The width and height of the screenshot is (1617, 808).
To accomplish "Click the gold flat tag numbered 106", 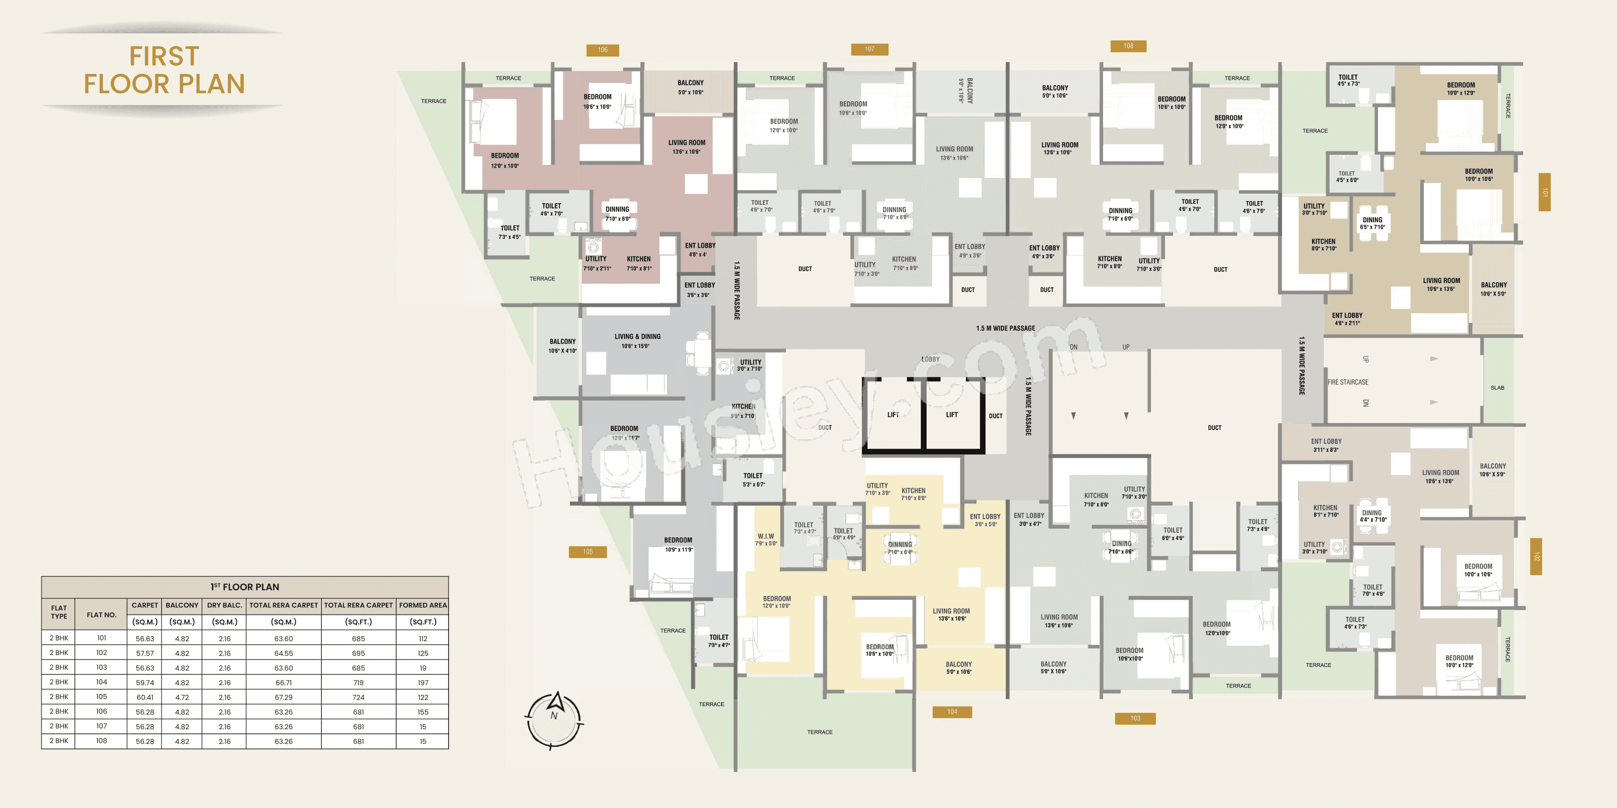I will pos(603,50).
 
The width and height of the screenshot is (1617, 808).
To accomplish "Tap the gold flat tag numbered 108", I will pos(1128,46).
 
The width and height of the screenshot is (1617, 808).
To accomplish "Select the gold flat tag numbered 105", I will pos(587,551).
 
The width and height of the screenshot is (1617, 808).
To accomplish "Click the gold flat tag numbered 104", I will pos(952,711).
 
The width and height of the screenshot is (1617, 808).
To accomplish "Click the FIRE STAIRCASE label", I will pos(1347,382).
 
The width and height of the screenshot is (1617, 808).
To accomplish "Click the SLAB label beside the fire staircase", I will pos(1497,388).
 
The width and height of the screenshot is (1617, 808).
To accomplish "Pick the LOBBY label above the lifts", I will pos(930,359).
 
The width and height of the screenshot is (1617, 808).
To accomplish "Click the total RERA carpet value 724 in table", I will pos(358,697).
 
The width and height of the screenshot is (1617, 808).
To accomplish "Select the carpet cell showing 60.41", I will pos(145,697).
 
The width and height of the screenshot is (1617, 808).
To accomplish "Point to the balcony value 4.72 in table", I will pos(182,697).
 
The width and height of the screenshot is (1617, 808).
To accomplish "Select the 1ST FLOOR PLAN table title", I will pos(245,587).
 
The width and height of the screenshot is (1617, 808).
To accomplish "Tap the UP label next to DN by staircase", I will pos(1126,347).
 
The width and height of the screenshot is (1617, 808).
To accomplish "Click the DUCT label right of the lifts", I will pos(995,416).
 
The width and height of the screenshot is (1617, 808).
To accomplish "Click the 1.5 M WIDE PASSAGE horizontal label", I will pos(1005,328).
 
